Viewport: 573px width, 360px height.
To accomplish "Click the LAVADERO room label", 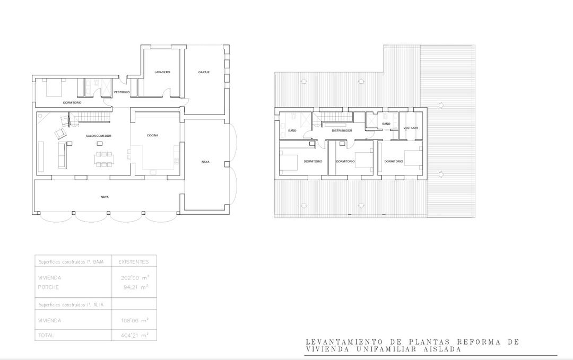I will point(162,72).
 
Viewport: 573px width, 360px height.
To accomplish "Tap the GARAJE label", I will point(204,72).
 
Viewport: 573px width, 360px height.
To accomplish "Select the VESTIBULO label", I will point(121,92).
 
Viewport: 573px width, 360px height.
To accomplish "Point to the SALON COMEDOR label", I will point(99,136).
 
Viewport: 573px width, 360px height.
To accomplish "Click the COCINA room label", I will point(152,135).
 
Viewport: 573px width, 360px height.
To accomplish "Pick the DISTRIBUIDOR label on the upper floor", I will point(342,130).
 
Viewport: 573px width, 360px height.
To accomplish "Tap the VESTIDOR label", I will point(411,128).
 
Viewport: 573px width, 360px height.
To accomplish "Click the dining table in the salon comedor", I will point(104,159).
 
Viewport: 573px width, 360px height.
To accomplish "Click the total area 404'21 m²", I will point(136,336).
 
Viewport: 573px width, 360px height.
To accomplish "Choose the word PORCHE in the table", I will point(48,287).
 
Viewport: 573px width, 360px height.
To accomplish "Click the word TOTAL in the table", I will point(46,336).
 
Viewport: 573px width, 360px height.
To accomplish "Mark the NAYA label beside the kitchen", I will point(205,162).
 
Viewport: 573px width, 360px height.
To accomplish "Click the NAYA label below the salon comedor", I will point(105,197).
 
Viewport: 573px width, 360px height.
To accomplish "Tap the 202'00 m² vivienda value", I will point(136,278).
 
